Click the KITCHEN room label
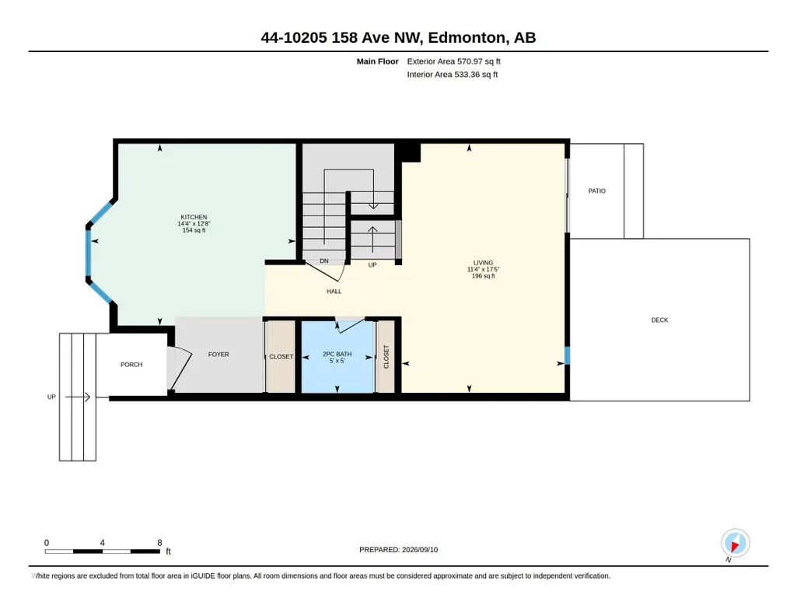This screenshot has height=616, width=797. click(194, 217)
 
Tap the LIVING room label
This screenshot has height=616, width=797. click(484, 263)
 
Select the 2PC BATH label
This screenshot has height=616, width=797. click(337, 354)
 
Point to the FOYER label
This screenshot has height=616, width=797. click(218, 354)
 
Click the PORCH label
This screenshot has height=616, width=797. click(131, 365)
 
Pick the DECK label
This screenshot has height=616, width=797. click(660, 320)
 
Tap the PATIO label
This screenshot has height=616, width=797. click(596, 191)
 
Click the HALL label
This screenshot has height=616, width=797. click(334, 291)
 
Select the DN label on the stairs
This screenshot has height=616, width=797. click(324, 261)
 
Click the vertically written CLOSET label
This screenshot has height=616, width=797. click(386, 357)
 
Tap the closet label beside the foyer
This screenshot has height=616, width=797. click(281, 357)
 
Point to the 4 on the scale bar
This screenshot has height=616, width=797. click(102, 543)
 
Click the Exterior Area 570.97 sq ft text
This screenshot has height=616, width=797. click(454, 61)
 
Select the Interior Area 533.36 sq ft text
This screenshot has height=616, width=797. click(453, 74)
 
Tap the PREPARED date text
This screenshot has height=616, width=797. click(398, 549)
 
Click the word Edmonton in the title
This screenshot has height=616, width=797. click(467, 37)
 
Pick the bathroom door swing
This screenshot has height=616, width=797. click(350, 325)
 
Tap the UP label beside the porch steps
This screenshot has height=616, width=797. click(51, 397)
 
